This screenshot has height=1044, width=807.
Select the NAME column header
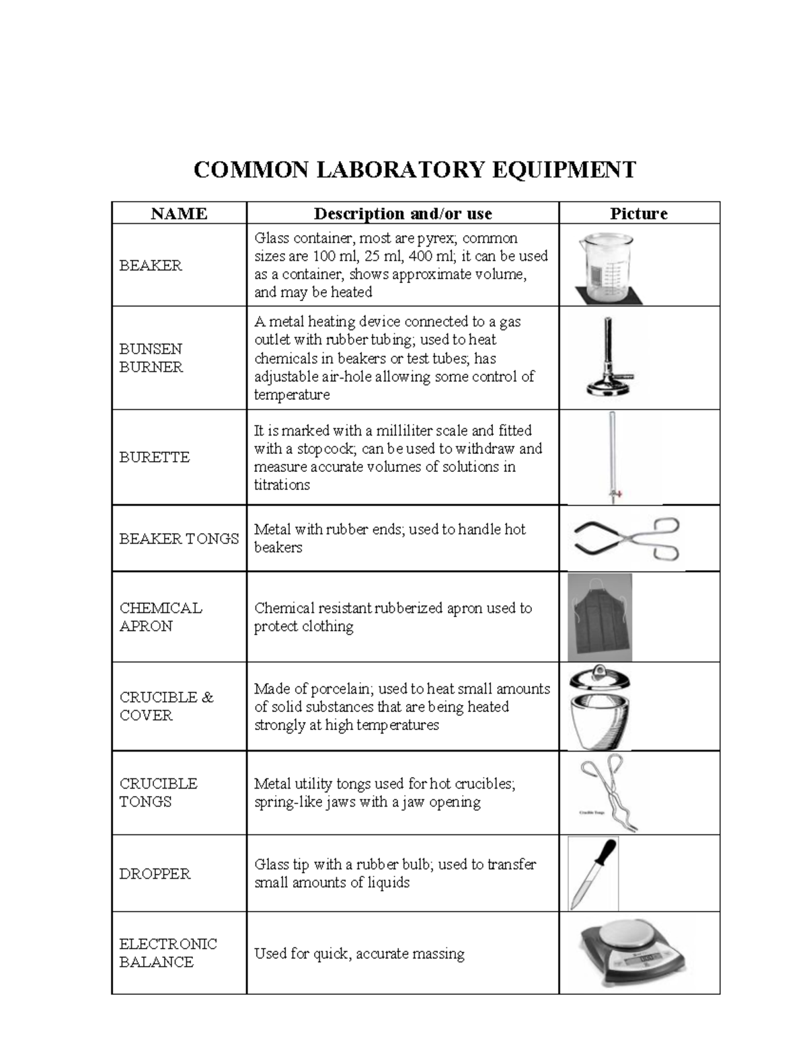(179, 214)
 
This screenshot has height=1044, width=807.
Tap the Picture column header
(638, 214)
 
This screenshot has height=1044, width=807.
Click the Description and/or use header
(402, 214)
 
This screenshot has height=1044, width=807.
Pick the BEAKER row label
(151, 266)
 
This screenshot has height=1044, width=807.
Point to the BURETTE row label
(154, 457)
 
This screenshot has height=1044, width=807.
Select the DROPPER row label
(155, 874)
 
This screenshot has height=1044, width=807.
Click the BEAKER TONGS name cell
(179, 538)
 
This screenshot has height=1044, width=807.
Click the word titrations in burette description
(282, 485)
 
